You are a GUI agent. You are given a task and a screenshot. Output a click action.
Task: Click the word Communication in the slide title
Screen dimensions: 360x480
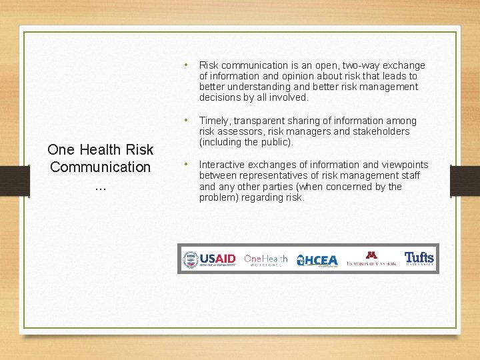100,167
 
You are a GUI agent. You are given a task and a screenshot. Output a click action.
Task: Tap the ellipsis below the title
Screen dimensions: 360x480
100,187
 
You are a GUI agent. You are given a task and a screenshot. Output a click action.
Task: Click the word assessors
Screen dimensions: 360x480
241,131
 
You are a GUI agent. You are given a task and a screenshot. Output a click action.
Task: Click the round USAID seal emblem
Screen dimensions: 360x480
191,259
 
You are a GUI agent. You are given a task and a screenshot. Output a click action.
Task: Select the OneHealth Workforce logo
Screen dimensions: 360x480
265,259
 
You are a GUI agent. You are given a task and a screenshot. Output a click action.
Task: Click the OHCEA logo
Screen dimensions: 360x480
317,260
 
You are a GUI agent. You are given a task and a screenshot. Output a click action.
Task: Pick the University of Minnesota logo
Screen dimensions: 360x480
371,259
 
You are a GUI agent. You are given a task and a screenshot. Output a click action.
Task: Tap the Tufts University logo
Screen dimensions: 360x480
419,259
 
